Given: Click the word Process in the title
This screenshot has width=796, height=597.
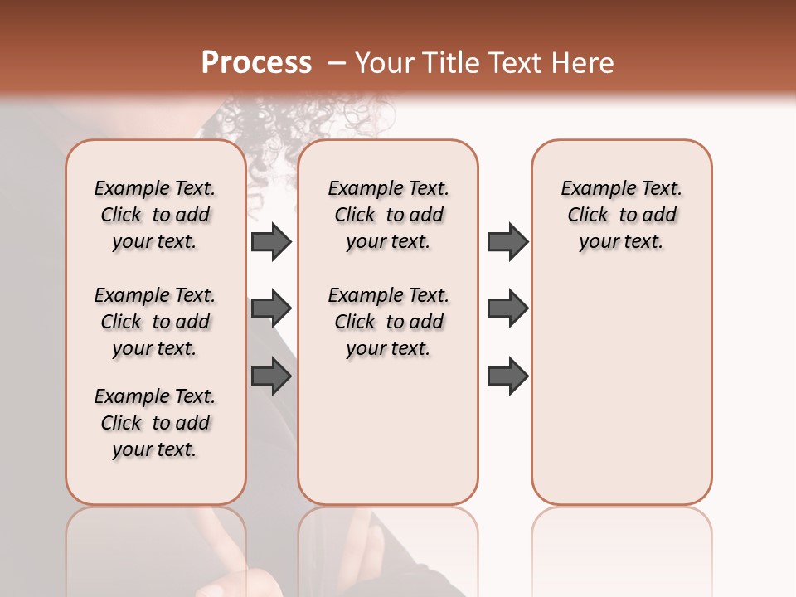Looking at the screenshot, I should tap(255, 63).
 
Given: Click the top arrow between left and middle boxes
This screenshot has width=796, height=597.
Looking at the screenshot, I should tap(271, 242).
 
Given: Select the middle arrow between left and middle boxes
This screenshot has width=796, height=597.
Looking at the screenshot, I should tap(271, 308).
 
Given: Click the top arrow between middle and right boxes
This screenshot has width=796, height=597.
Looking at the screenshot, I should tap(507, 242).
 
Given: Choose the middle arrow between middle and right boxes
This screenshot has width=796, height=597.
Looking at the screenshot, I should tap(507, 308).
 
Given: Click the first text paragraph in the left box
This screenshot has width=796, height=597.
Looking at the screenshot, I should tap(155, 215).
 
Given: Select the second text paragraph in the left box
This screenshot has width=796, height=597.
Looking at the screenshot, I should tap(155, 322).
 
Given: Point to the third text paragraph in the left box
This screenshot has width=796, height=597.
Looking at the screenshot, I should tap(155, 423).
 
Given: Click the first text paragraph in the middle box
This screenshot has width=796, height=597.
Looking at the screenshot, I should tap(388, 215).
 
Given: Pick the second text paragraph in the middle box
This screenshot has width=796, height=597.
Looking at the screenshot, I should tap(388, 322).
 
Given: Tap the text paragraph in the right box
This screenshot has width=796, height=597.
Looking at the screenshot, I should tap(622, 215).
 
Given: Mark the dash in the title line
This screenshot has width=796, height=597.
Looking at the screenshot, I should tap(337, 63).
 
